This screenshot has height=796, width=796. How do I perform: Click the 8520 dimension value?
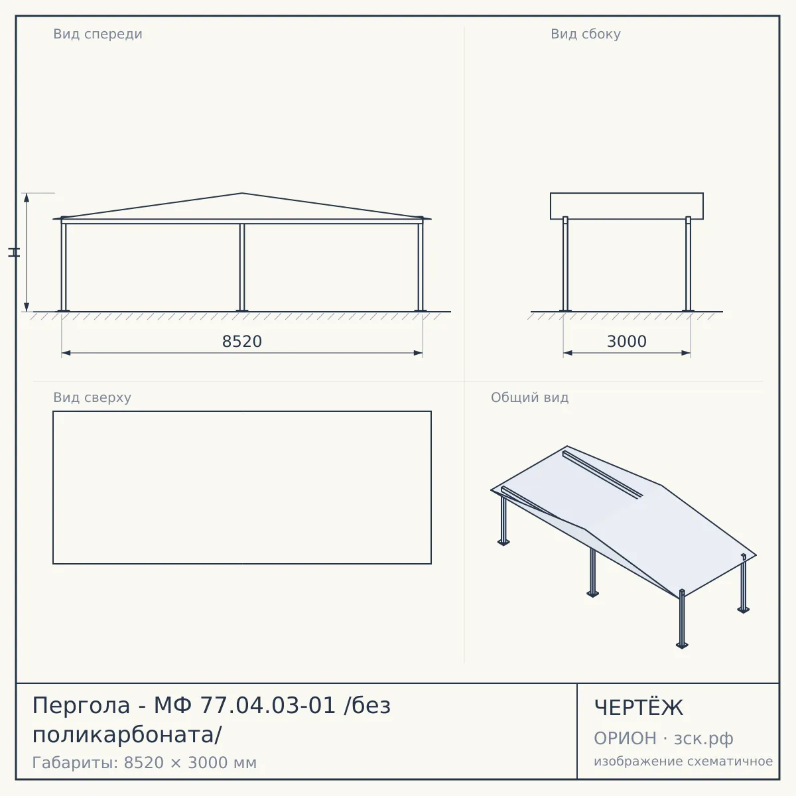242,342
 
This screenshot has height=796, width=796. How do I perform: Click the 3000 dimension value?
627,342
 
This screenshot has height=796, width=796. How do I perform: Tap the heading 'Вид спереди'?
98,34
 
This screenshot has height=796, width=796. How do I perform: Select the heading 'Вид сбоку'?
585,34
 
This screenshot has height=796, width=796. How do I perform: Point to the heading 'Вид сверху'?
92,397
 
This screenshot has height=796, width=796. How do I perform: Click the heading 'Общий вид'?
529,397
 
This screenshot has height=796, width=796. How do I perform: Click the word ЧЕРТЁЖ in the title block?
639,707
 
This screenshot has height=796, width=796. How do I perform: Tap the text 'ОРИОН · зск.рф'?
663,738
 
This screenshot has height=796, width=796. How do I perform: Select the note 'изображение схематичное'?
683,761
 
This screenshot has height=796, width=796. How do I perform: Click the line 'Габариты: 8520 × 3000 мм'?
145,763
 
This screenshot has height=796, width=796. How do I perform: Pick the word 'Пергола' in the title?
82,706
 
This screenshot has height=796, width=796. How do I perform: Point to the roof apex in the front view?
242,193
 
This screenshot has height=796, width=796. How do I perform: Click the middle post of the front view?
242,268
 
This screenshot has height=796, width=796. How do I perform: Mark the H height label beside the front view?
14,252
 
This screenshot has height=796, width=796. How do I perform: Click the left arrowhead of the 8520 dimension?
66,353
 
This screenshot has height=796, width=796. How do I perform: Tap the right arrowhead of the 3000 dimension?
686,353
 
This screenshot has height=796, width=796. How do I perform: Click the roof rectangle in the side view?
627,193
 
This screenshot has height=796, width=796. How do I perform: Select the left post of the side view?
566,265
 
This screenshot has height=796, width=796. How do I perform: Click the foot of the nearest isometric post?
682,645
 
